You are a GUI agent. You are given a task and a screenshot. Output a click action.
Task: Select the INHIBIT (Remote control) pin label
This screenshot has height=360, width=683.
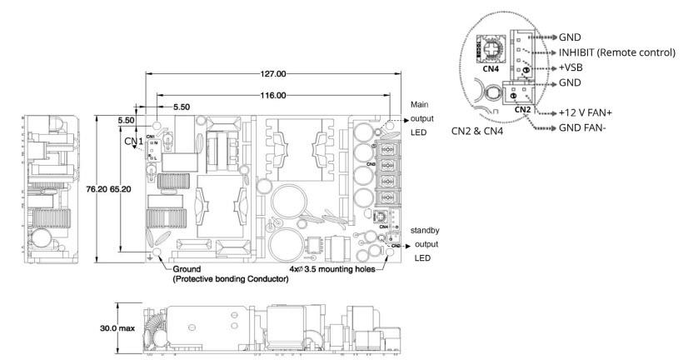616,52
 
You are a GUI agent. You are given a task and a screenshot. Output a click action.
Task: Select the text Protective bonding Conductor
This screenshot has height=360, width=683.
231,280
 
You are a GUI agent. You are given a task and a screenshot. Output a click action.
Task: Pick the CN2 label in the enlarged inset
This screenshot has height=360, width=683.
523,108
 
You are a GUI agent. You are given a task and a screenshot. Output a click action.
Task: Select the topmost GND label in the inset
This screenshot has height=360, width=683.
571,37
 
